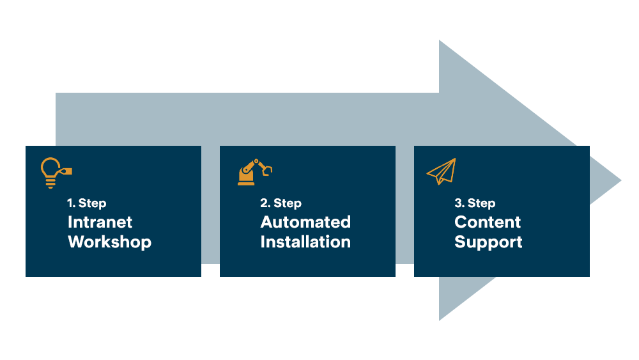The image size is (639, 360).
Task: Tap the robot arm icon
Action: point(254,172)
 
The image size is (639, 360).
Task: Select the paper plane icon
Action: point(442,171)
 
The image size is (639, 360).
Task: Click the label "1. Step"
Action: point(87,203)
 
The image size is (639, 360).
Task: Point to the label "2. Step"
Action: point(281,203)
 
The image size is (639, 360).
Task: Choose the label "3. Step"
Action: point(475,203)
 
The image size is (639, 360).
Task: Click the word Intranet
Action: point(100,222)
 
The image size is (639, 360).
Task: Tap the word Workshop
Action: point(109,242)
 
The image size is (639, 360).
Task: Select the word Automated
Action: point(305,222)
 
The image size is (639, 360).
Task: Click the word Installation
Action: point(305,242)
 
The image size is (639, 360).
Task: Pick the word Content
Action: point(488,222)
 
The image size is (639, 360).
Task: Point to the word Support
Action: point(488,242)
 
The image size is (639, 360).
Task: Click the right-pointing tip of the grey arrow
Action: point(619,180)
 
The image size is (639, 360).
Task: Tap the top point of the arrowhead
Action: point(440,43)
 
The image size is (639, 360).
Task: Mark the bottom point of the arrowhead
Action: point(440,318)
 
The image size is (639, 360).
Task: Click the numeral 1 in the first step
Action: point(70,203)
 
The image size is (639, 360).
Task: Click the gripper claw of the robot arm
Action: point(267,170)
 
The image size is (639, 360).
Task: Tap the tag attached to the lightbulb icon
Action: point(65,171)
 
